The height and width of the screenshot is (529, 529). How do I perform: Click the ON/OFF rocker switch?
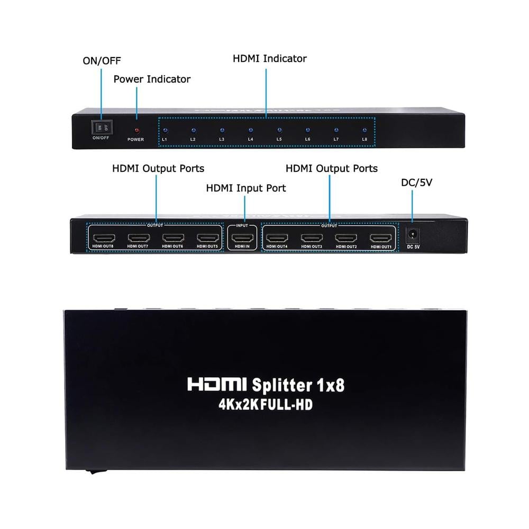(102, 127)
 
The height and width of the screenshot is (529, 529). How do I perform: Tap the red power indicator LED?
(136, 130)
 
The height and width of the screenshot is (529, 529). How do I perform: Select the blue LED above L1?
(165, 130)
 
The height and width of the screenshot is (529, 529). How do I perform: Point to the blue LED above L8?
(364, 130)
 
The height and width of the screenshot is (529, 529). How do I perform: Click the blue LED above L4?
(251, 130)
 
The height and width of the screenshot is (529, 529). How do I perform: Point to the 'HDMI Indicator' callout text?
(270, 59)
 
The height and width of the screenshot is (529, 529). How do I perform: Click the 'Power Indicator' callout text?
(152, 79)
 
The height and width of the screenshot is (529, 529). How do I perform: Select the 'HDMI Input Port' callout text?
(246, 188)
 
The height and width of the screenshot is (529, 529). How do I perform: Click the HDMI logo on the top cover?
(217, 385)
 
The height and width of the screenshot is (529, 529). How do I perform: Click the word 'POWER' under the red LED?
(136, 140)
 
